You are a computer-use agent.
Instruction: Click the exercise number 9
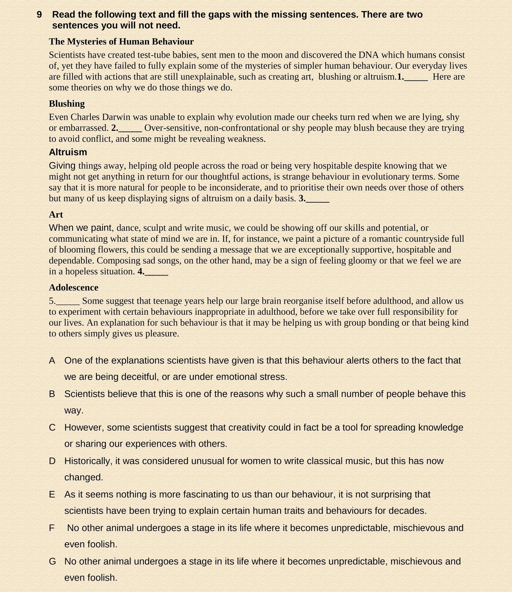point(39,15)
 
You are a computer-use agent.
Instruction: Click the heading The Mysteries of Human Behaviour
point(121,42)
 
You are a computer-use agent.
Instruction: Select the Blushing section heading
point(67,104)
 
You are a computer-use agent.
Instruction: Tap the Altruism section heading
point(68,152)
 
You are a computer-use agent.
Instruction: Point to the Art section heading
point(56,215)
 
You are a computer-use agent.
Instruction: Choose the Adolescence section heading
point(74,288)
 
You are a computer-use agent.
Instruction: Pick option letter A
point(52,361)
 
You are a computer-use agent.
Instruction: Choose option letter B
point(52,394)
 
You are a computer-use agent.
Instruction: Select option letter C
point(52,427)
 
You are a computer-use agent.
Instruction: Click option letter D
point(52,461)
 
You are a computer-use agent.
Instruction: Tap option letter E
point(52,495)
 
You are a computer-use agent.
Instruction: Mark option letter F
point(52,528)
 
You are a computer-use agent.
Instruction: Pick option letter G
point(53,561)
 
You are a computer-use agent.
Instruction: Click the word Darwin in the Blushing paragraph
point(116,117)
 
